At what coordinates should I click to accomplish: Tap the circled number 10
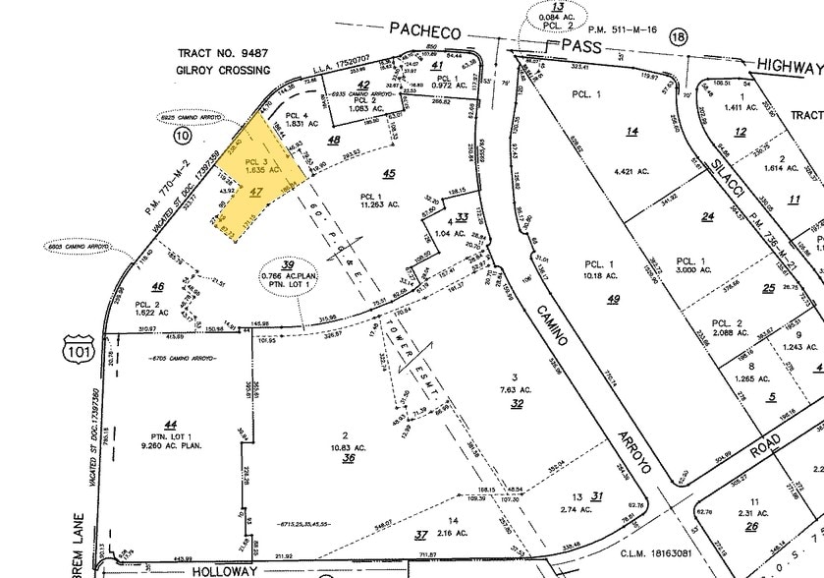pyautogui.click(x=181, y=137)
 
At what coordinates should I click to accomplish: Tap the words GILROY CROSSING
pyautogui.click(x=222, y=71)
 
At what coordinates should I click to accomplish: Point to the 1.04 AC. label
pyautogui.click(x=458, y=234)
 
